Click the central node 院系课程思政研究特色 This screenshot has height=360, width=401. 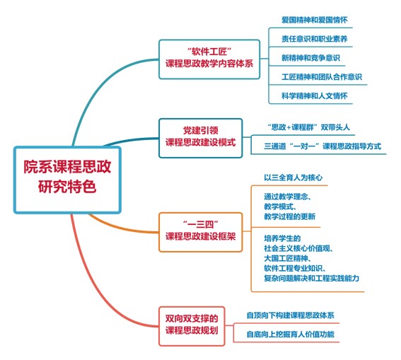pyautogui.click(x=67, y=180)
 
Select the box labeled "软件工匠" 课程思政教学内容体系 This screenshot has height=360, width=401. pyautogui.click(x=209, y=59)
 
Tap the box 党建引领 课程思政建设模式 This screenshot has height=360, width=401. pyautogui.click(x=201, y=138)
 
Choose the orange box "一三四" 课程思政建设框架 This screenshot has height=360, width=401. pyautogui.click(x=201, y=232)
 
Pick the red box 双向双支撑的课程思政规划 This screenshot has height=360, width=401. pyautogui.click(x=192, y=326)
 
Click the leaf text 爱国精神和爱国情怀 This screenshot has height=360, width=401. pyautogui.click(x=314, y=20)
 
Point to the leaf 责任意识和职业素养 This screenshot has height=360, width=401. pyautogui.click(x=314, y=39)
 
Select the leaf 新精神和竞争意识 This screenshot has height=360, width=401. pyautogui.click(x=310, y=58)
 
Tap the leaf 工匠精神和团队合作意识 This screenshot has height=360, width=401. pyautogui.click(x=322, y=76)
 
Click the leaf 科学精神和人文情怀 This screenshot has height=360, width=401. pyautogui.click(x=314, y=95)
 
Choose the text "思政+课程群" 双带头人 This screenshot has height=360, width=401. pyautogui.click(x=308, y=127)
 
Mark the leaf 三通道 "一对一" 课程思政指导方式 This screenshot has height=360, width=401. pyautogui.click(x=322, y=146)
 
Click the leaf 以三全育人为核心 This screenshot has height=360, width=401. pyautogui.click(x=293, y=178)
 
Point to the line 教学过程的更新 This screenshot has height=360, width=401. pyautogui.click(x=289, y=216)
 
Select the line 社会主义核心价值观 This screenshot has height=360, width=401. pyautogui.click(x=298, y=248)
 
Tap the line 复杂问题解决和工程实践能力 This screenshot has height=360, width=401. pyautogui.click(x=311, y=278)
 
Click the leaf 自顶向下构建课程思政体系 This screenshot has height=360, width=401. pyautogui.click(x=290, y=315)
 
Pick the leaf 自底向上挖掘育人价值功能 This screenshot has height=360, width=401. pyautogui.click(x=290, y=334)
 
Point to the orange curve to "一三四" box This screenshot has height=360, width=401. pyautogui.click(x=120, y=228)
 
